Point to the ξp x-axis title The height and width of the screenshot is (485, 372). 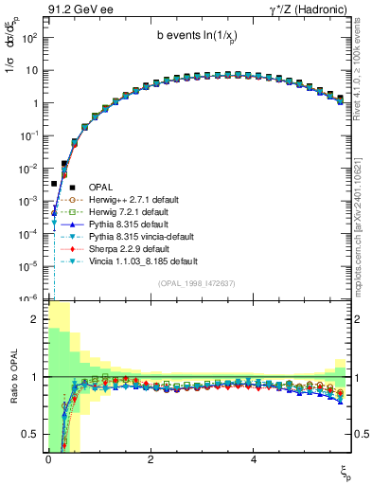click(345, 471)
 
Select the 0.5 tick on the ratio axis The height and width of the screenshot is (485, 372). click(33, 434)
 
